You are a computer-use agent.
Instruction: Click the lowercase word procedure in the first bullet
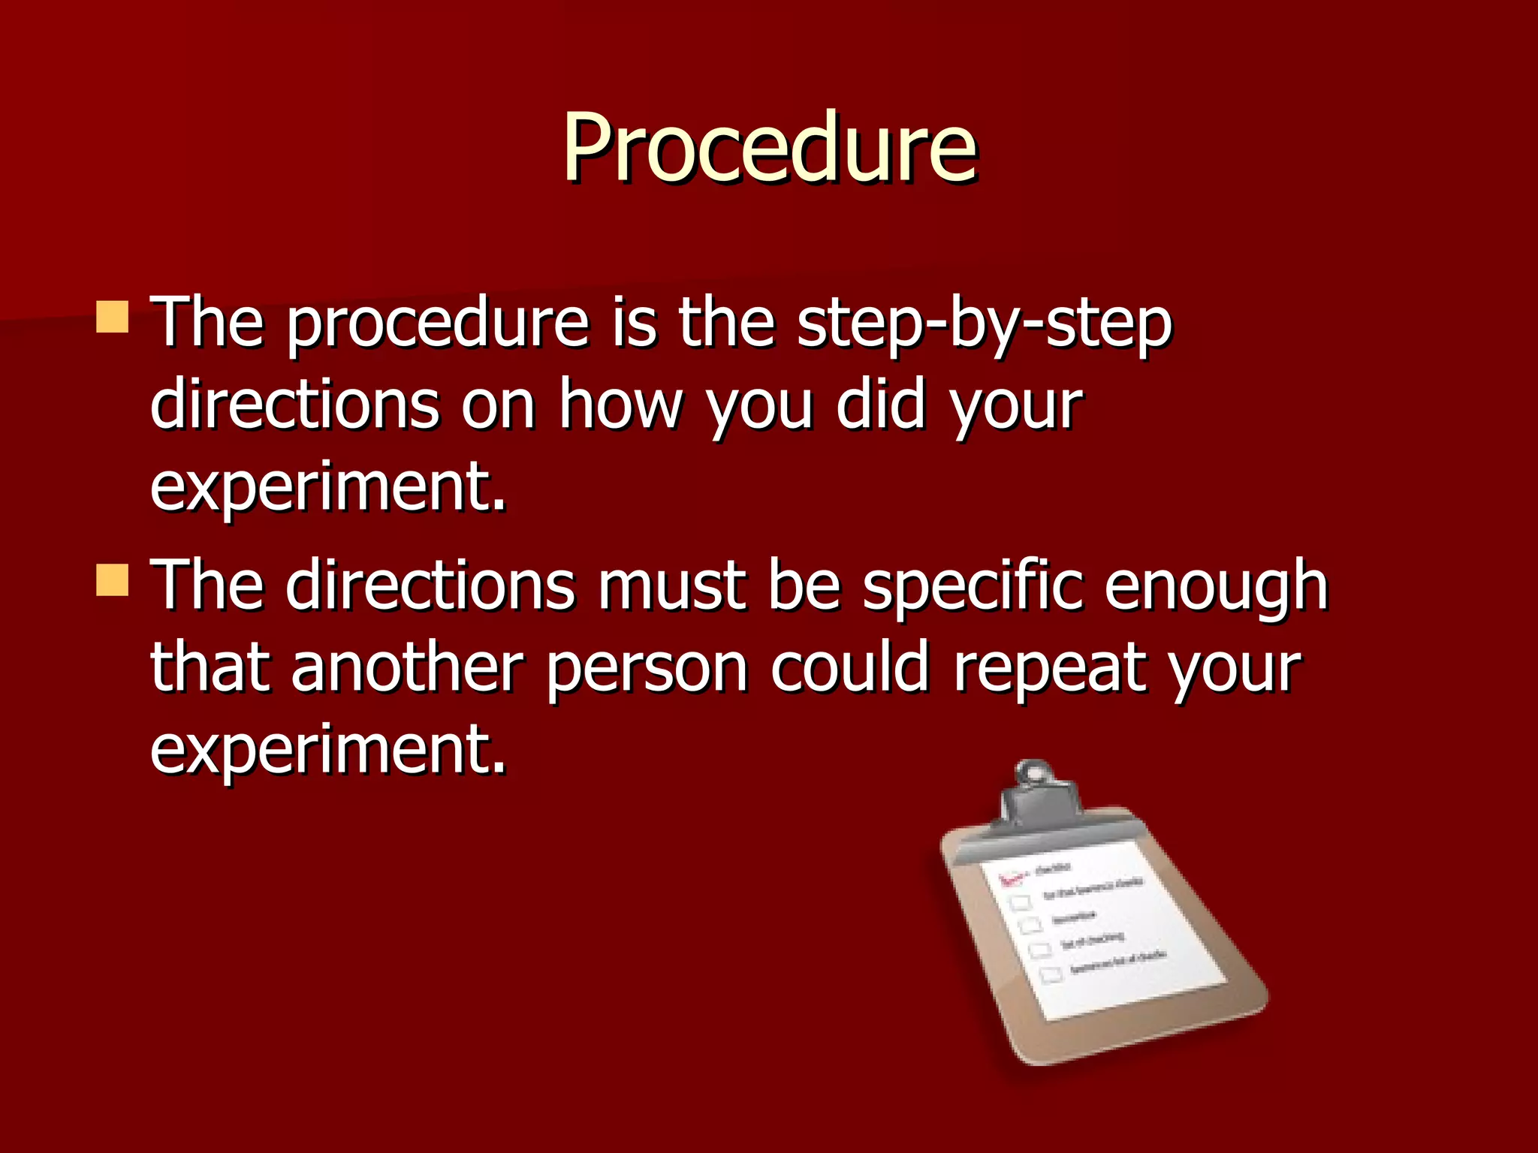click(x=438, y=325)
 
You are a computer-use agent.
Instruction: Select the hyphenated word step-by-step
click(x=984, y=325)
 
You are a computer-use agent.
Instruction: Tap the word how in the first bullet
click(x=620, y=405)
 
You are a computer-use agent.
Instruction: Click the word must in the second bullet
click(x=671, y=586)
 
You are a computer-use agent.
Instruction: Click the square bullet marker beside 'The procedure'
click(x=113, y=317)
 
